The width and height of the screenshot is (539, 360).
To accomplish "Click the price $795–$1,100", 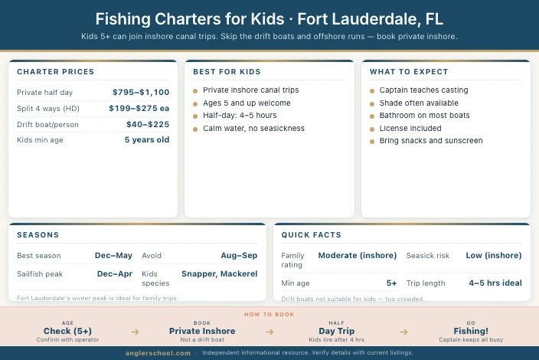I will tap(141, 92).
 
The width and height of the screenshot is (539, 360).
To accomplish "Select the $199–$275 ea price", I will tap(139, 108).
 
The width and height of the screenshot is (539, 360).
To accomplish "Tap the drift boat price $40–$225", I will tap(148, 124).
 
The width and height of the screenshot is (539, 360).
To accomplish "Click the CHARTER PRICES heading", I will tap(55, 72).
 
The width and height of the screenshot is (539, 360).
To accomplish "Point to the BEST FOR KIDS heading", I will tap(227, 72).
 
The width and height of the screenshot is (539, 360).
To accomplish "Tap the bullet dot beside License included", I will tap(372, 129).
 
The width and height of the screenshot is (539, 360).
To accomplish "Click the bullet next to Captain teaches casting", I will tap(372, 90).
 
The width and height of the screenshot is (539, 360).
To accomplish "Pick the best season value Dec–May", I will tap(113, 256).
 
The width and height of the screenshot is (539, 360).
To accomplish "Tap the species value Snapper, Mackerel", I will tap(219, 273).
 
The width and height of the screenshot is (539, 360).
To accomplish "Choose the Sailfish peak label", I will tap(41, 273).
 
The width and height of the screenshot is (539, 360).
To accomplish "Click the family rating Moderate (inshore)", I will tap(358, 256).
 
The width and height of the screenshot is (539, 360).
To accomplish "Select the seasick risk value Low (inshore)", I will tap(494, 256).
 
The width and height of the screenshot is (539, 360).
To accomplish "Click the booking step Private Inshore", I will tap(202, 331).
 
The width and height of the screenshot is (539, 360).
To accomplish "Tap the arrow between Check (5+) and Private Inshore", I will tap(135, 332).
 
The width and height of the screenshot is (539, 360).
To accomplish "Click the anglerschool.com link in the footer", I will tap(158, 353).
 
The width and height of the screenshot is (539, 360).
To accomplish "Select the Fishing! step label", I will tap(471, 331).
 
